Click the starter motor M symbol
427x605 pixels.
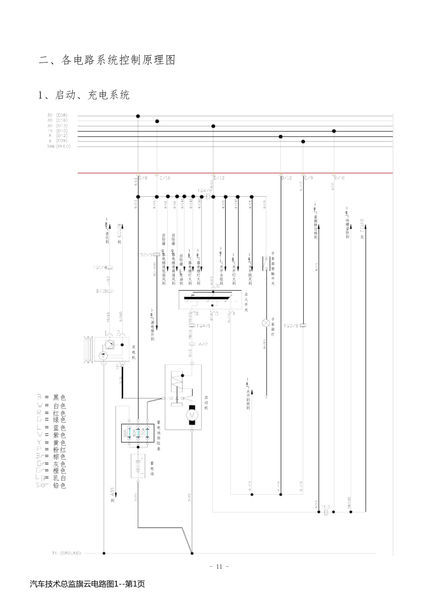(x=192, y=415)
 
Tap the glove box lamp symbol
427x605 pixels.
(x=266, y=323)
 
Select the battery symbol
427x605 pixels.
(x=138, y=466)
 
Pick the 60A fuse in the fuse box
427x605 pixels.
(x=128, y=433)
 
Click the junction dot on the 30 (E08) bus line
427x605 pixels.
(x=138, y=116)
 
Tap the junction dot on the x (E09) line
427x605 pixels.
(x=303, y=141)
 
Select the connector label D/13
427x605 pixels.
(x=219, y=178)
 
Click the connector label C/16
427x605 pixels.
(x=165, y=178)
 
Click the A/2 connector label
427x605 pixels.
(x=203, y=344)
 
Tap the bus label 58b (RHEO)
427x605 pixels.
(x=59, y=146)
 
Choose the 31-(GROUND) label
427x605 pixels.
(x=66, y=553)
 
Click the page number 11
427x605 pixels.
(x=219, y=566)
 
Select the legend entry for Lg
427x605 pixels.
(x=51, y=478)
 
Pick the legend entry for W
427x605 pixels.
(x=51, y=405)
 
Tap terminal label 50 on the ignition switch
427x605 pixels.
(x=196, y=314)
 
